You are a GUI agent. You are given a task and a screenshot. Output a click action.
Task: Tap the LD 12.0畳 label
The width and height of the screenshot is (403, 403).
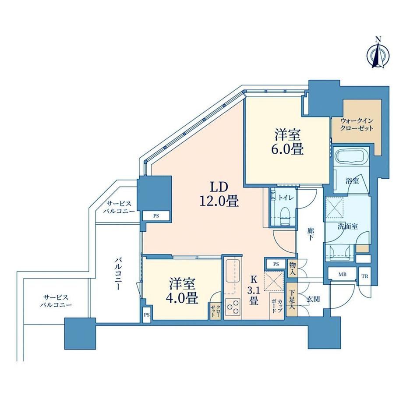point(219,194)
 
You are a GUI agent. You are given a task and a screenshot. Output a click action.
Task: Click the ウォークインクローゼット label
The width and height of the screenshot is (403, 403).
point(357,125)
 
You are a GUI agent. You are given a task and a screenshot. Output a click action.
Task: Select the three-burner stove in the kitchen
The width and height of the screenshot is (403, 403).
point(233,306)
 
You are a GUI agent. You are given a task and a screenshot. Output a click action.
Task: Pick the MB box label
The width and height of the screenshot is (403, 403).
point(343,275)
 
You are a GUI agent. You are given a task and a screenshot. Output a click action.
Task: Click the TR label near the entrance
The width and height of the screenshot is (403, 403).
point(365,276)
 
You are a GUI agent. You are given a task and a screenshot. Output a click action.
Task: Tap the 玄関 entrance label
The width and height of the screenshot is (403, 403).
point(313,299)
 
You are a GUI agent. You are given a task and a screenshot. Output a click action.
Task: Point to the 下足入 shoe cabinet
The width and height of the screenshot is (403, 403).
point(292,299)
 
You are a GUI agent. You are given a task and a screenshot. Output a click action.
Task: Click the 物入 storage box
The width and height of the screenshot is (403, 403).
point(292,269)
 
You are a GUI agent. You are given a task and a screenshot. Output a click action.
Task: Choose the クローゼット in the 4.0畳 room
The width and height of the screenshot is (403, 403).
point(215,311)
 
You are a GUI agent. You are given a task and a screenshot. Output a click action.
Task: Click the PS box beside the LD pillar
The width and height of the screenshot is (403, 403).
point(156,216)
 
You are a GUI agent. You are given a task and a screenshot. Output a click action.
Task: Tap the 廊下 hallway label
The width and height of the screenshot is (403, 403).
point(310,233)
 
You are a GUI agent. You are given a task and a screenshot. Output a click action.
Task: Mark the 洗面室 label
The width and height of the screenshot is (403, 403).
point(348,226)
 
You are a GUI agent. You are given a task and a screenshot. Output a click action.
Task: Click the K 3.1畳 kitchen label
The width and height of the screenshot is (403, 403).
point(254,290)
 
